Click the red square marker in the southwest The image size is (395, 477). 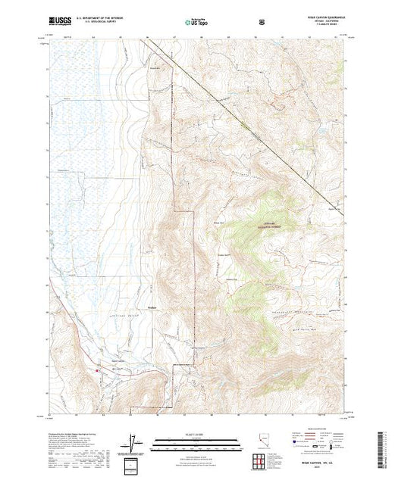(99, 370)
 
